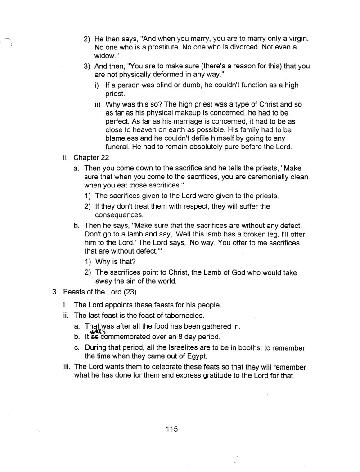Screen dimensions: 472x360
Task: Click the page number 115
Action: [171, 429]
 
